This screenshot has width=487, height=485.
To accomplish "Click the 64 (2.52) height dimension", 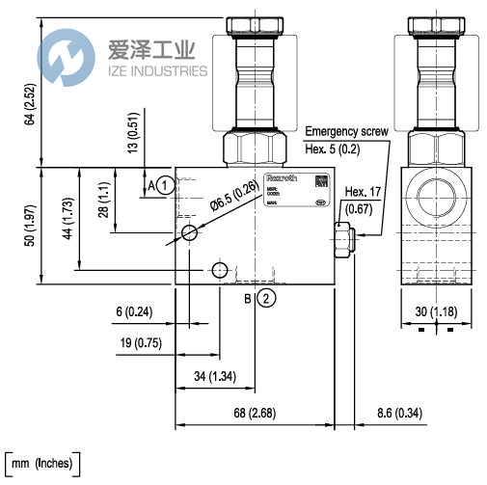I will click(x=30, y=104).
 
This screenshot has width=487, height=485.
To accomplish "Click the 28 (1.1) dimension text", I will click(x=103, y=200).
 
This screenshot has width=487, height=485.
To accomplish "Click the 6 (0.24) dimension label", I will click(x=133, y=311).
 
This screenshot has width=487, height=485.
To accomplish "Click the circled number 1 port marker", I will click(x=165, y=184).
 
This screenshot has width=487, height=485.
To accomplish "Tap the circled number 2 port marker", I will click(x=266, y=299).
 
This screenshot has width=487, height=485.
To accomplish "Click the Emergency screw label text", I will click(x=345, y=132).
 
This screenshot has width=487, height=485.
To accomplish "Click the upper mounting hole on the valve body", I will click(x=191, y=231).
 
